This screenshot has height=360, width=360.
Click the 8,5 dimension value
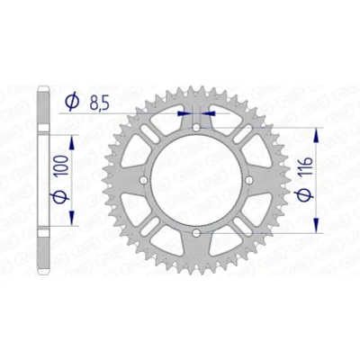[99, 103]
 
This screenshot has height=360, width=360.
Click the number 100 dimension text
[62, 166]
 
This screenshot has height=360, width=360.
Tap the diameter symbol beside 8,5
[72, 102]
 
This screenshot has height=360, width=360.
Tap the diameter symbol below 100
[61, 197]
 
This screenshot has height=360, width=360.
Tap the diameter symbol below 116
[306, 194]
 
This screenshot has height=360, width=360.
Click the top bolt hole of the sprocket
[196, 129]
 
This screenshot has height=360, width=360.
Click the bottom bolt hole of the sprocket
[196, 232]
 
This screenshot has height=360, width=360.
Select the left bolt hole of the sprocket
[144, 180]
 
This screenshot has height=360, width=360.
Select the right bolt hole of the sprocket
[248, 180]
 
